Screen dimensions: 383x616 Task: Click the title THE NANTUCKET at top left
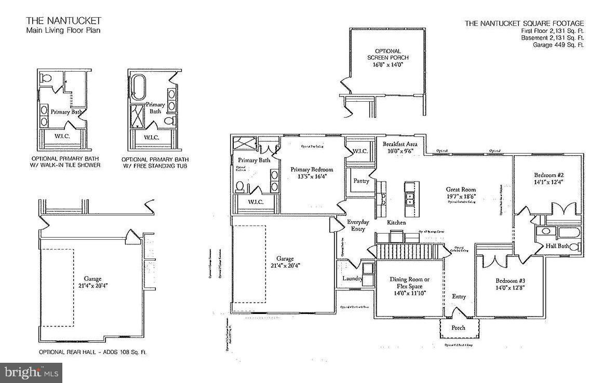[64, 21]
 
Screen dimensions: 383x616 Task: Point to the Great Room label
[461, 189]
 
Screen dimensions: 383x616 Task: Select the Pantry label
[361, 181]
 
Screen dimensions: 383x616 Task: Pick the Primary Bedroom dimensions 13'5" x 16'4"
[312, 177]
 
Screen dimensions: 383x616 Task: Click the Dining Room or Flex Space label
[409, 283]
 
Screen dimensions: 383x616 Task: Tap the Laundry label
[352, 279]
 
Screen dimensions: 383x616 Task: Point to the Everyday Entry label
[358, 225]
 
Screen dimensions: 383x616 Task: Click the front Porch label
[458, 327]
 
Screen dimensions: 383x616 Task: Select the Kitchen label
[396, 222]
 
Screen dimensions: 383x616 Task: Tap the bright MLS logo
[31, 372]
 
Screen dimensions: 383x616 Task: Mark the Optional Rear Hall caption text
[92, 352]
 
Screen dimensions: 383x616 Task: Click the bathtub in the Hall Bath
[561, 231]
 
